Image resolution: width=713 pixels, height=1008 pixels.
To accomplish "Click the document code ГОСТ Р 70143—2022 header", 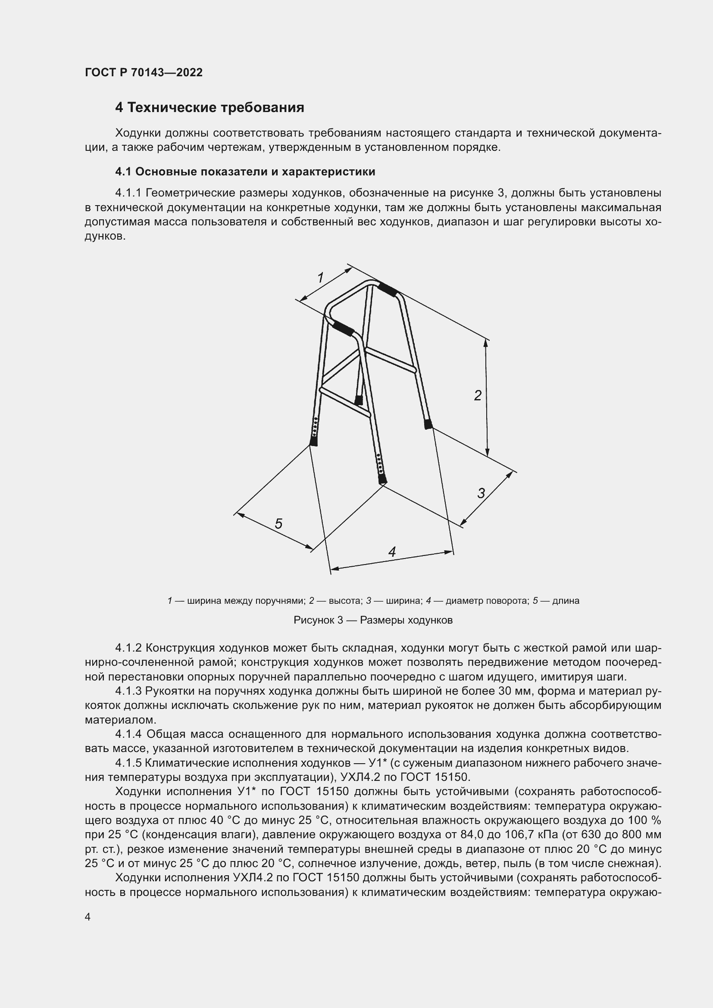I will pyautogui.click(x=144, y=73).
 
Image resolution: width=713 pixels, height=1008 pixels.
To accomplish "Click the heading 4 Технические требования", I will pyautogui.click(x=210, y=108).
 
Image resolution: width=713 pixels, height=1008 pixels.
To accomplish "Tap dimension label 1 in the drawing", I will pyautogui.click(x=320, y=278).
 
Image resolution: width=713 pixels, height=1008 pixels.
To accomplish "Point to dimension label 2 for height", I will pyautogui.click(x=478, y=396).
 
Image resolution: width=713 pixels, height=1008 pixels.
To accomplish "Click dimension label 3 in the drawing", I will pyautogui.click(x=481, y=493).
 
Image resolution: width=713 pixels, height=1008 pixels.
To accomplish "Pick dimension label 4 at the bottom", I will pyautogui.click(x=392, y=552).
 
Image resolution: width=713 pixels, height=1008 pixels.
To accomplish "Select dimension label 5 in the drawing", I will pyautogui.click(x=278, y=524).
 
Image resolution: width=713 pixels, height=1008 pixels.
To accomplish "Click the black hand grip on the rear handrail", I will pyautogui.click(x=388, y=289).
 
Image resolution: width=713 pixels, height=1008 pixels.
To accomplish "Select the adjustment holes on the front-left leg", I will pyautogui.click(x=315, y=426).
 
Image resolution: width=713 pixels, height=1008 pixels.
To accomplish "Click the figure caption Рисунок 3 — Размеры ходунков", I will pyautogui.click(x=373, y=620).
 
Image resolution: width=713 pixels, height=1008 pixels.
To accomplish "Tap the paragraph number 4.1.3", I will pyautogui.click(x=128, y=691).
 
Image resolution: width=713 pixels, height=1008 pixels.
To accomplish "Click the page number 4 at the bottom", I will pyautogui.click(x=88, y=917).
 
